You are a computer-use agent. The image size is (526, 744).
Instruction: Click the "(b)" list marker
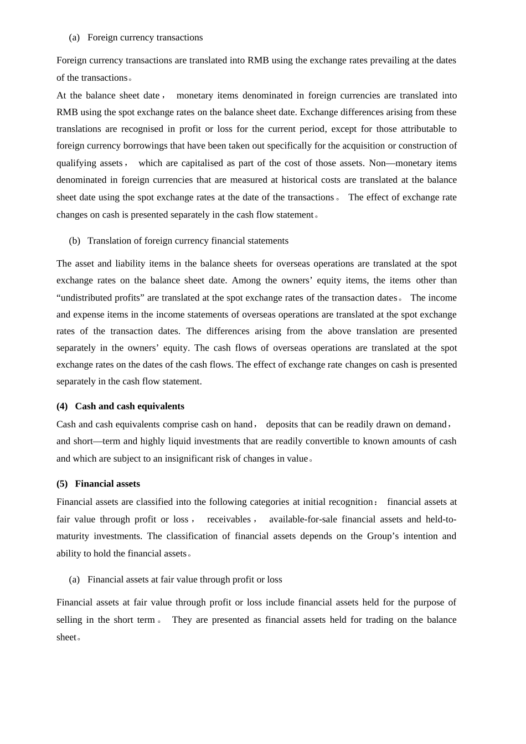pyautogui.click(x=75, y=241)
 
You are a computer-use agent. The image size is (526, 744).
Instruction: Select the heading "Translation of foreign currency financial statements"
pyautogui.click(x=188, y=241)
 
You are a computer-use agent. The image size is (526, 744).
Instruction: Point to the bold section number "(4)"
pyautogui.click(x=62, y=406)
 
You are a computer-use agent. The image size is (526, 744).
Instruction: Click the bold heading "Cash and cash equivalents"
pyautogui.click(x=130, y=406)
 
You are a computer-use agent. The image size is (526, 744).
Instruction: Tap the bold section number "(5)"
pyautogui.click(x=62, y=484)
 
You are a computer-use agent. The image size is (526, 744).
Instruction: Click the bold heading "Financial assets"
pyautogui.click(x=107, y=484)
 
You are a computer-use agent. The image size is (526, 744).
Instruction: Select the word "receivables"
pyautogui.click(x=229, y=519)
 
